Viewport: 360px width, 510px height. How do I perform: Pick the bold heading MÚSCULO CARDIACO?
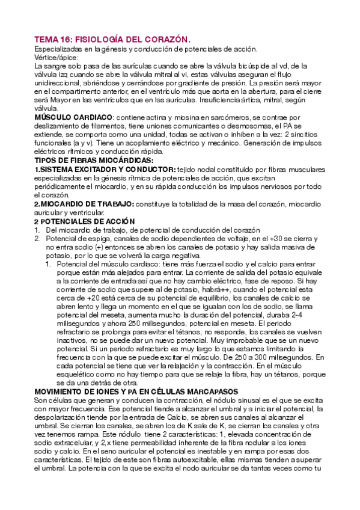[x=73, y=117]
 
